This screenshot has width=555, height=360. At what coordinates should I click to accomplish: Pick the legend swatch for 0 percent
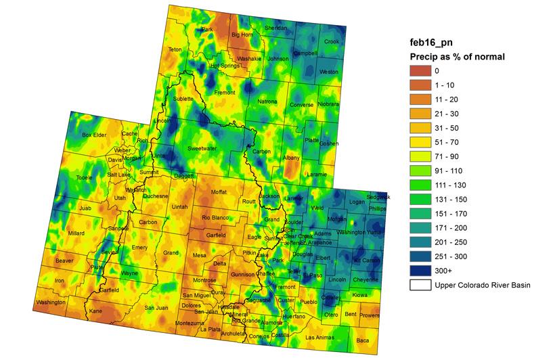(420, 70)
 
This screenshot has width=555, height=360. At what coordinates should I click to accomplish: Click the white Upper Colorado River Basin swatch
(420, 285)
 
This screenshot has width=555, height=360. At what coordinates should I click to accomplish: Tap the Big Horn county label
(242, 35)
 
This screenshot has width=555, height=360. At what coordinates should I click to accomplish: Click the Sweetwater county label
(202, 148)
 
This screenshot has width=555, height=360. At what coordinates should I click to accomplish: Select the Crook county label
(331, 41)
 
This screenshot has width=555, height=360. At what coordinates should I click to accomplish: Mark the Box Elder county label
(95, 135)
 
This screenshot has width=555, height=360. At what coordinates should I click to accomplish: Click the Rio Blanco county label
(217, 218)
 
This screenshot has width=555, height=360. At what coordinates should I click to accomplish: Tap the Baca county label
(363, 340)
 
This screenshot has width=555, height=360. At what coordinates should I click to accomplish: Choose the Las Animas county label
(319, 337)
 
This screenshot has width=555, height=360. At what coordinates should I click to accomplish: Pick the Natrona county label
(267, 102)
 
